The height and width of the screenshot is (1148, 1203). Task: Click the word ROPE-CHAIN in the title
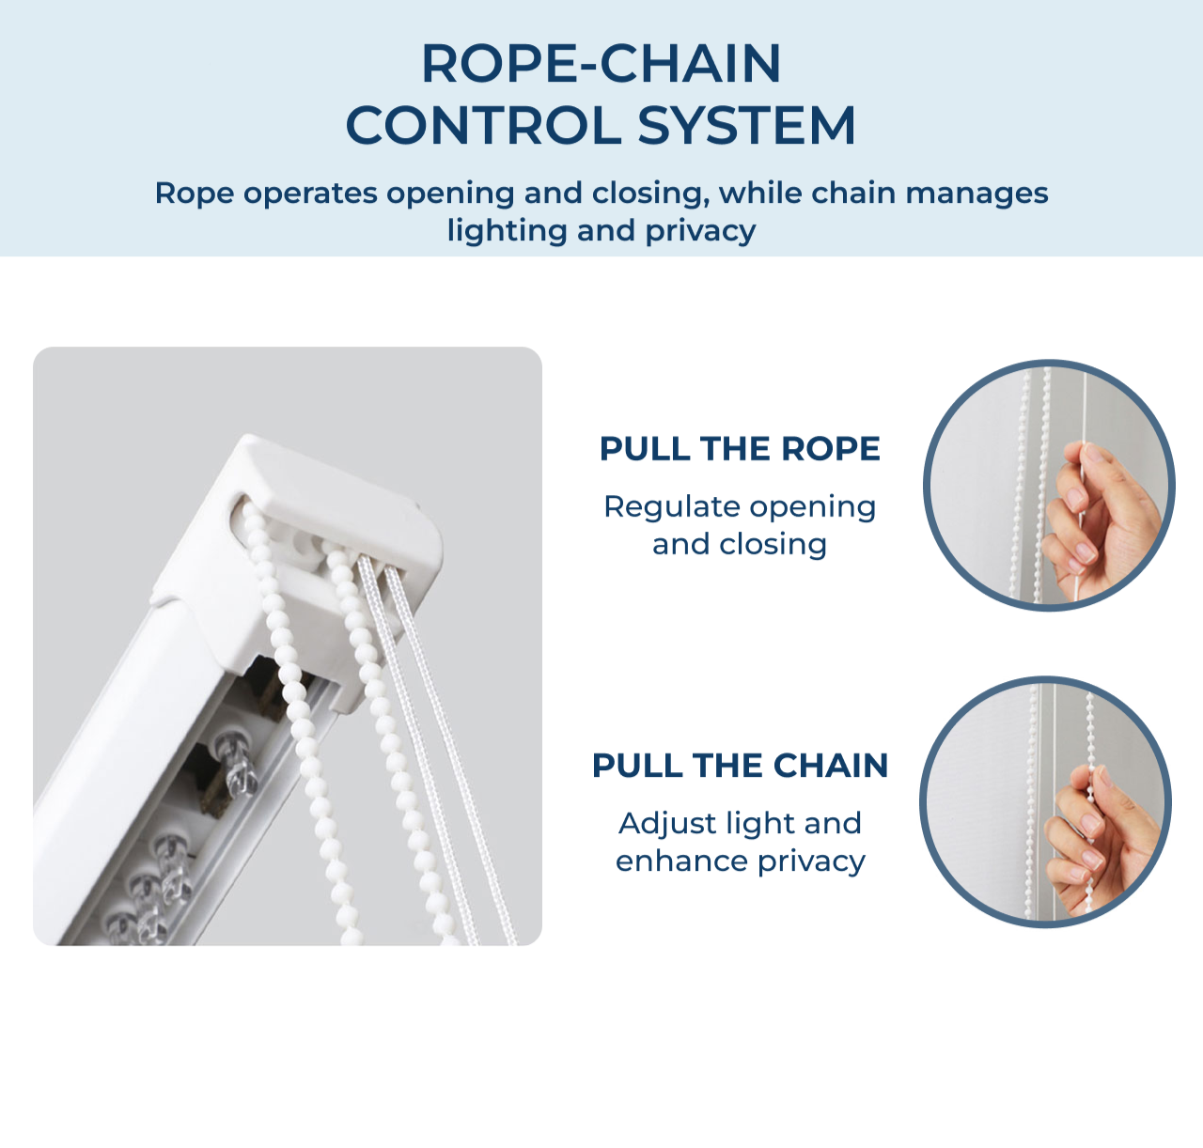coord(601,64)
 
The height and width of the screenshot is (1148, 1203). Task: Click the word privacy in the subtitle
coord(700,232)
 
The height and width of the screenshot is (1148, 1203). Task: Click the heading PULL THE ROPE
coord(740,448)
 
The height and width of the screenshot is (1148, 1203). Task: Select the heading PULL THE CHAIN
coord(740,766)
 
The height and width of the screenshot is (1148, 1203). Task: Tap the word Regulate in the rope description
coord(671,508)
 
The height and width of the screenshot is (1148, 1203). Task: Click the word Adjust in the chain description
coord(664,824)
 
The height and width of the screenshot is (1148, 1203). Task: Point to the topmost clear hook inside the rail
coord(238,763)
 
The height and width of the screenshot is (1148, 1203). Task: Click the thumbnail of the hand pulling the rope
coord(1049,486)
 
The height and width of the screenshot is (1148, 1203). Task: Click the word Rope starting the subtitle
coord(195,194)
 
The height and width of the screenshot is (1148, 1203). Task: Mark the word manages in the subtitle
coord(976,194)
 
